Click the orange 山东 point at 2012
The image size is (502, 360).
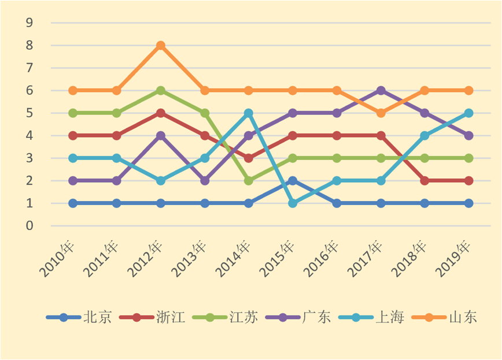pos(161,46)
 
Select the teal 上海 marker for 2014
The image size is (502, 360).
pos(249,113)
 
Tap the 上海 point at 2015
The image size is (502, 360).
pos(293,203)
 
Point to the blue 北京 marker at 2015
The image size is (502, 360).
pos(293,180)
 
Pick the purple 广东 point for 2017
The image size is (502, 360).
pos(381,91)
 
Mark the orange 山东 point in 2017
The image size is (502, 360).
pos(381,113)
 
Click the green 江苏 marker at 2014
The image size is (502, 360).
pos(249,180)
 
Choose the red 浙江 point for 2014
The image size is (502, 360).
pos(249,158)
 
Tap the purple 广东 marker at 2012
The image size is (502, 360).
pos(161,136)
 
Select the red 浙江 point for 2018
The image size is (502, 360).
pos(425,180)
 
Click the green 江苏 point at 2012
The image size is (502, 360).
pos(161,91)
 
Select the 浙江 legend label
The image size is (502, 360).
pos(171,317)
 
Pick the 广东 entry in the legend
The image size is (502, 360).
pos(316,317)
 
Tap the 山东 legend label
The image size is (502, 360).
pos(463,317)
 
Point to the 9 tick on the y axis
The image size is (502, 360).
pos(29,23)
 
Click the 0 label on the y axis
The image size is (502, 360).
pos(29,225)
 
